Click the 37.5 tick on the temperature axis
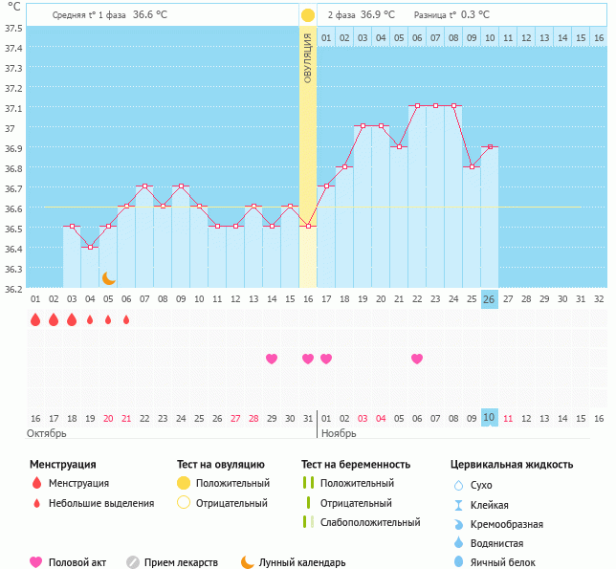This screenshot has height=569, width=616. click(13, 28)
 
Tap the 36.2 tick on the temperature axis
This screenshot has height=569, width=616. click(13, 288)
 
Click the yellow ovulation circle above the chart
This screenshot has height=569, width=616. click(308, 15)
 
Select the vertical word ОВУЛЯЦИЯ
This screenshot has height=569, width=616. click(308, 57)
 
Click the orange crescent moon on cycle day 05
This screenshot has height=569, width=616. click(109, 278)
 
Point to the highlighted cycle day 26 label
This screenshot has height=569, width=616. click(489, 299)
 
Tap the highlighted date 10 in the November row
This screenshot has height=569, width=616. click(489, 418)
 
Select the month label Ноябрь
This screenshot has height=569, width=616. click(338, 433)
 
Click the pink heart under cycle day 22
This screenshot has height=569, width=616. click(417, 359)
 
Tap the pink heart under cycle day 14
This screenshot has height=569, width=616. click(272, 359)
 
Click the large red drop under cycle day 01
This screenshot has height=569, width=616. click(35, 320)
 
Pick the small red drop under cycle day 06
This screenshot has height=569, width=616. click(126, 320)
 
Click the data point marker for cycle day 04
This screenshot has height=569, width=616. click(90, 247)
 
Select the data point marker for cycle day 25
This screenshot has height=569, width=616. click(471, 166)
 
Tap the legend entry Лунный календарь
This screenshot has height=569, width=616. click(302, 563)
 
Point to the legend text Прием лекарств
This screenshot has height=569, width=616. click(181, 563)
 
